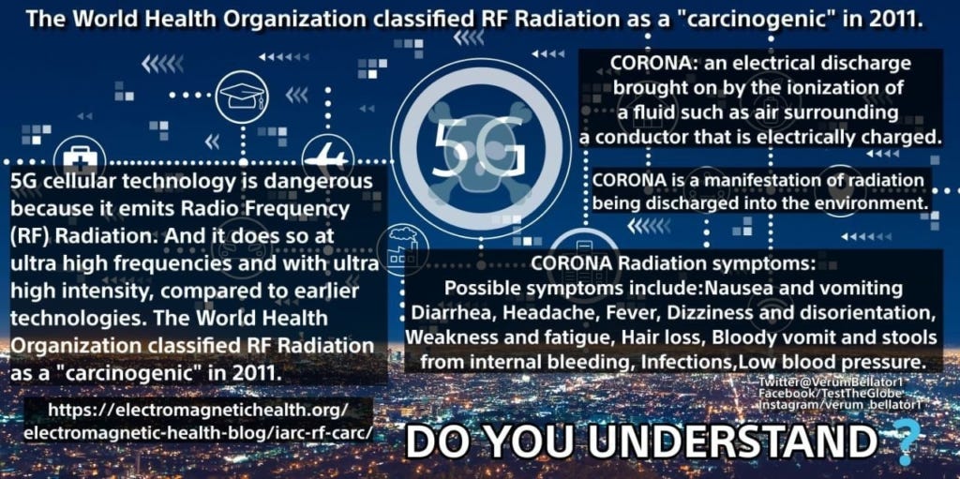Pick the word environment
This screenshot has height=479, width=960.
point(869,202)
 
